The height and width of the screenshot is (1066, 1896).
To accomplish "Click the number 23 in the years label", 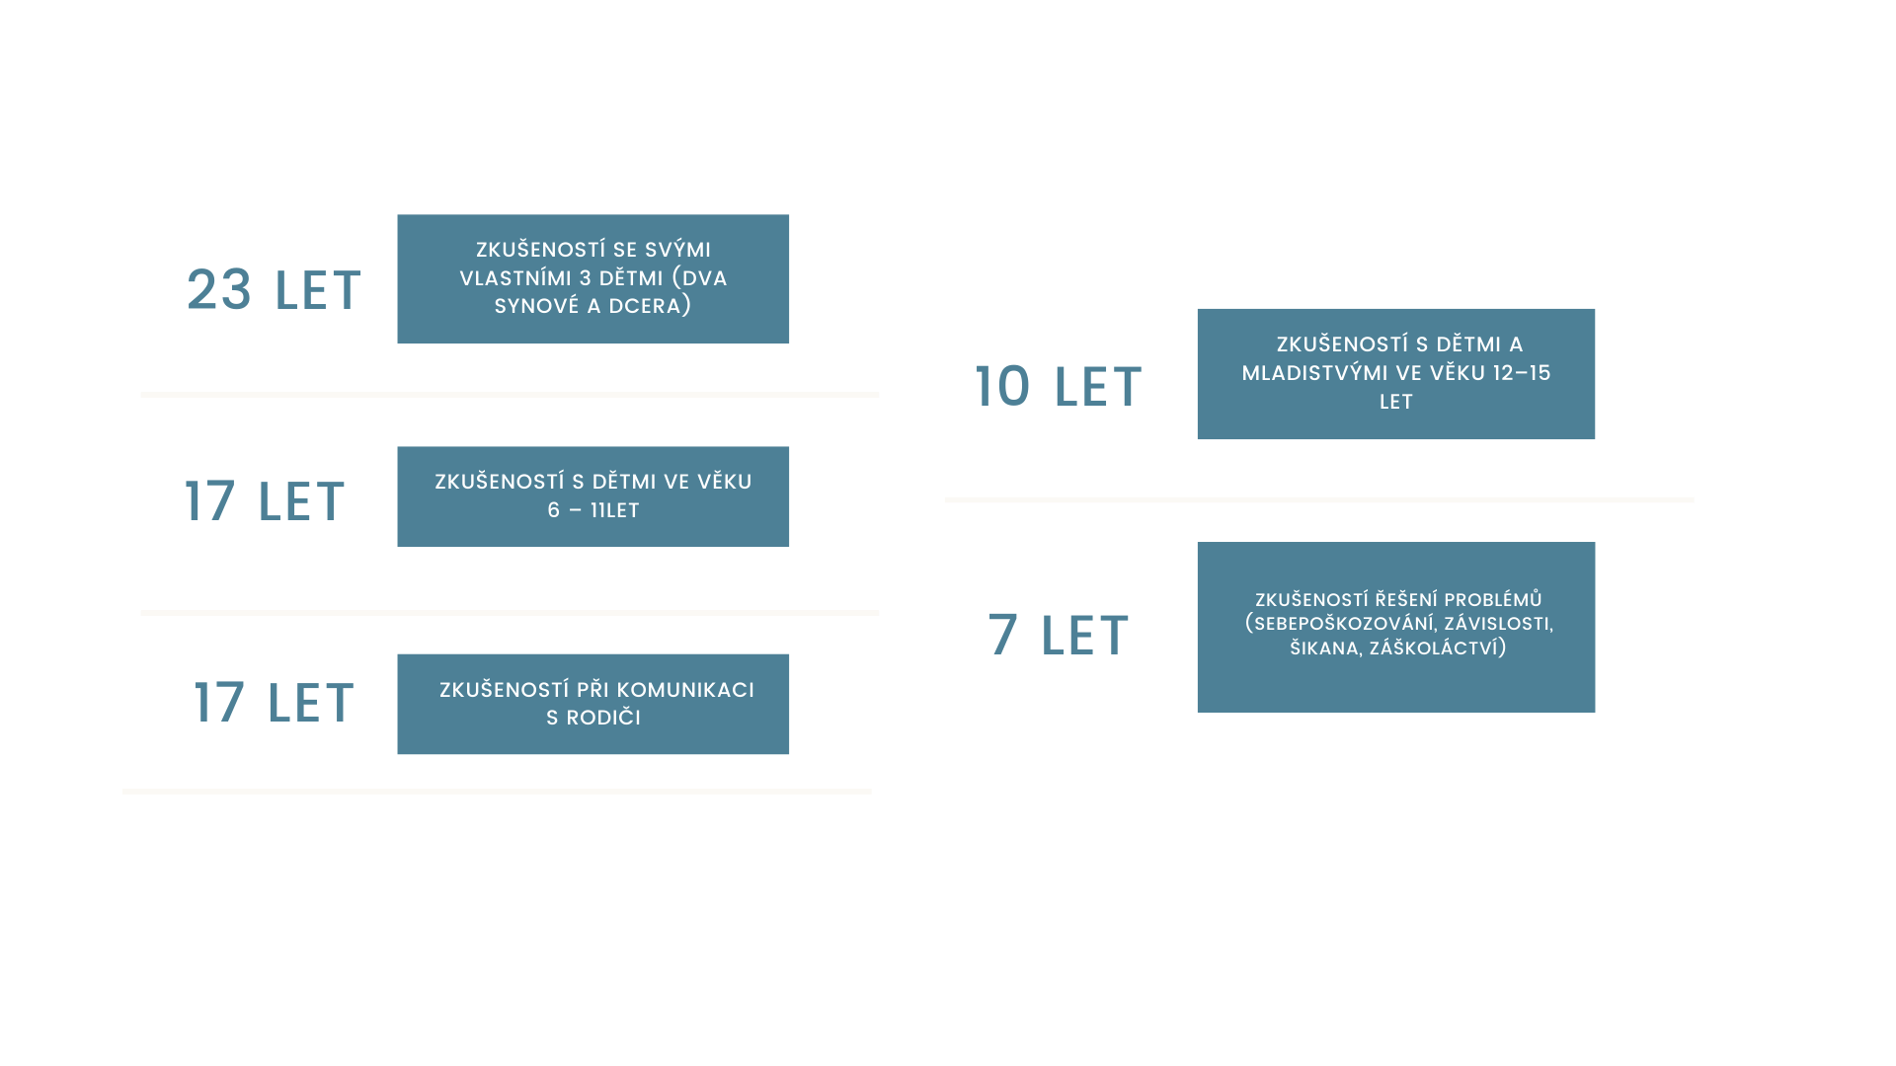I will pyautogui.click(x=219, y=290).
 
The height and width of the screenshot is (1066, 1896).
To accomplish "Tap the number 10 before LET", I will pyautogui.click(x=1002, y=386).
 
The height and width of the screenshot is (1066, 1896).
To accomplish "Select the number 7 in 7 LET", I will pyautogui.click(x=1002, y=635).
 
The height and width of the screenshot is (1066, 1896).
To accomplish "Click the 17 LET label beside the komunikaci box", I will pyautogui.click(x=274, y=703).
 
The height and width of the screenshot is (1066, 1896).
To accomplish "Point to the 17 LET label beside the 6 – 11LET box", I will pyautogui.click(x=265, y=501).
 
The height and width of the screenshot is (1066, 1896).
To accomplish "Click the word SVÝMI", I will pyautogui.click(x=677, y=250).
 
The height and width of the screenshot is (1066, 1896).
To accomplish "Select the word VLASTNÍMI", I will pyautogui.click(x=515, y=278).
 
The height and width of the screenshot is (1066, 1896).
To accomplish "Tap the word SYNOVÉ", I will pyautogui.click(x=536, y=306).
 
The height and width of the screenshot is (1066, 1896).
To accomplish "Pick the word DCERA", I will pyautogui.click(x=649, y=306).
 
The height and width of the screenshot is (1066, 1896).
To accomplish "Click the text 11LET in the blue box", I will pyautogui.click(x=614, y=510).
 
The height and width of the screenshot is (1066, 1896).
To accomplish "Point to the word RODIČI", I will pyautogui.click(x=603, y=718).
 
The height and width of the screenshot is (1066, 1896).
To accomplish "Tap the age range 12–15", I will pyautogui.click(x=1522, y=373).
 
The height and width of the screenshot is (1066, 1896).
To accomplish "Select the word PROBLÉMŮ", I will pyautogui.click(x=1492, y=600).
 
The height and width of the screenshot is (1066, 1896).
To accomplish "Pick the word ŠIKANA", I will pyautogui.click(x=1324, y=648).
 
